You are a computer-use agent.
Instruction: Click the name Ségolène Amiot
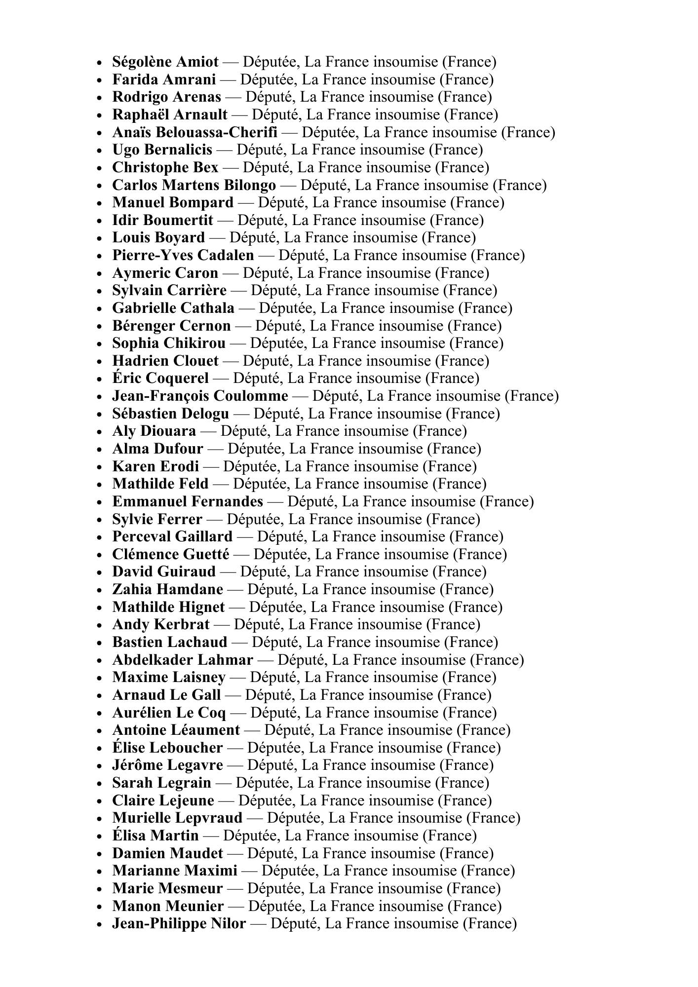click(165, 62)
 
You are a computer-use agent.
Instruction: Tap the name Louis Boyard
click(158, 238)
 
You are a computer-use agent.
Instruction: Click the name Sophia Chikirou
click(169, 343)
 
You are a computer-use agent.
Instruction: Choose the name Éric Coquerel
click(160, 379)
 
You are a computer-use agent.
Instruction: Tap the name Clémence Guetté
click(171, 555)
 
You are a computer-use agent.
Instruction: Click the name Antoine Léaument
click(176, 730)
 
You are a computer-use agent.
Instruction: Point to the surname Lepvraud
click(209, 818)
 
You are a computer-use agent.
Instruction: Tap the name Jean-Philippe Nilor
click(179, 924)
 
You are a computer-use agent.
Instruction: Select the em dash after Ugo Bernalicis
click(224, 150)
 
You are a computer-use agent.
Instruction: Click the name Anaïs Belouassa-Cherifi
click(194, 133)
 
